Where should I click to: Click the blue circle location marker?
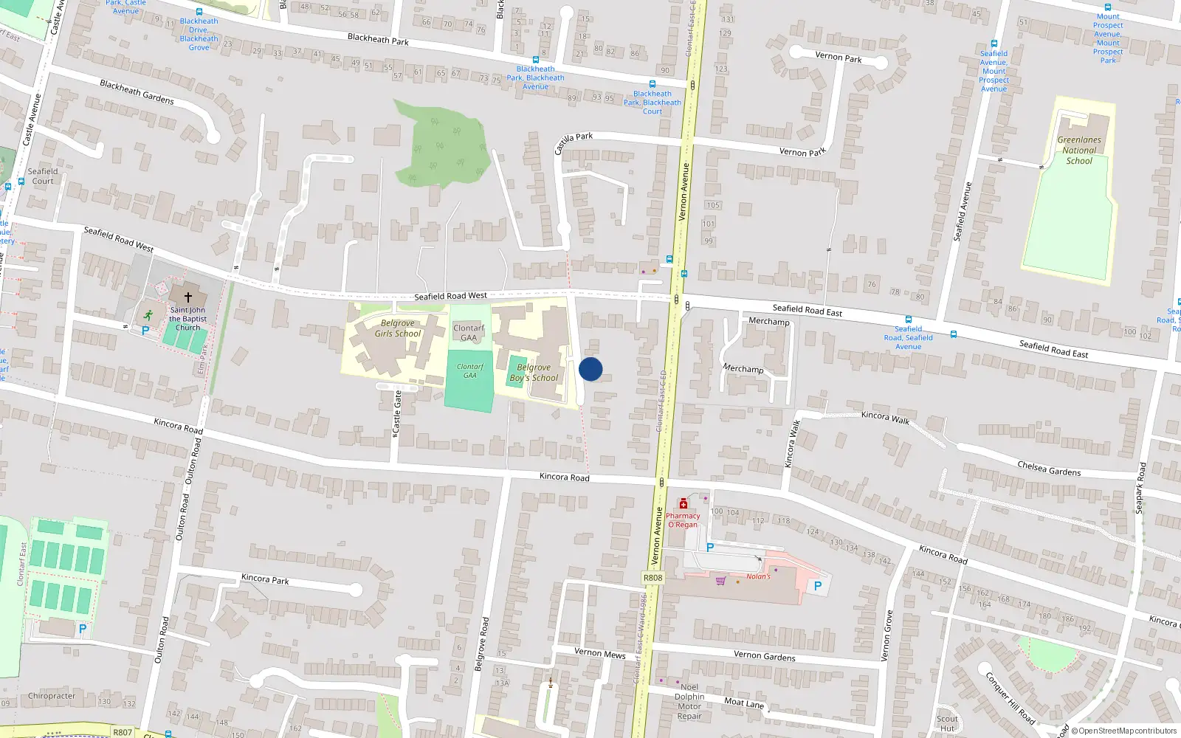[x=590, y=369]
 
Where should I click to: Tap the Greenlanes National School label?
[x=1078, y=151]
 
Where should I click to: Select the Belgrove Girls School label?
[x=398, y=328]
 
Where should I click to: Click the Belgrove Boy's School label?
[x=534, y=373]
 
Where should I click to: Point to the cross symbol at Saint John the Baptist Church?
[x=188, y=297]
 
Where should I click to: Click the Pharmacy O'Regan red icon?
[x=684, y=504]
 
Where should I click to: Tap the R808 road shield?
[x=653, y=578]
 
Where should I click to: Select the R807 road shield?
[x=123, y=732]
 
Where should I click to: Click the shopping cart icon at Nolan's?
[x=720, y=581]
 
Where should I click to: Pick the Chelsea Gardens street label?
[x=1049, y=469]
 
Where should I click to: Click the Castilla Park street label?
[x=574, y=142]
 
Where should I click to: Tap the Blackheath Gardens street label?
[x=137, y=92]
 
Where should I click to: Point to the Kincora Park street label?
[x=265, y=579]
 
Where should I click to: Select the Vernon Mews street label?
[x=600, y=653]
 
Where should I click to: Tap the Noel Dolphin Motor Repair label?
[x=689, y=702]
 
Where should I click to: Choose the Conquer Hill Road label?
[x=1010, y=697]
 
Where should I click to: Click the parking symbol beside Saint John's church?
[x=145, y=331]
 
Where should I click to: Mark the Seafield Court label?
[x=43, y=176]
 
